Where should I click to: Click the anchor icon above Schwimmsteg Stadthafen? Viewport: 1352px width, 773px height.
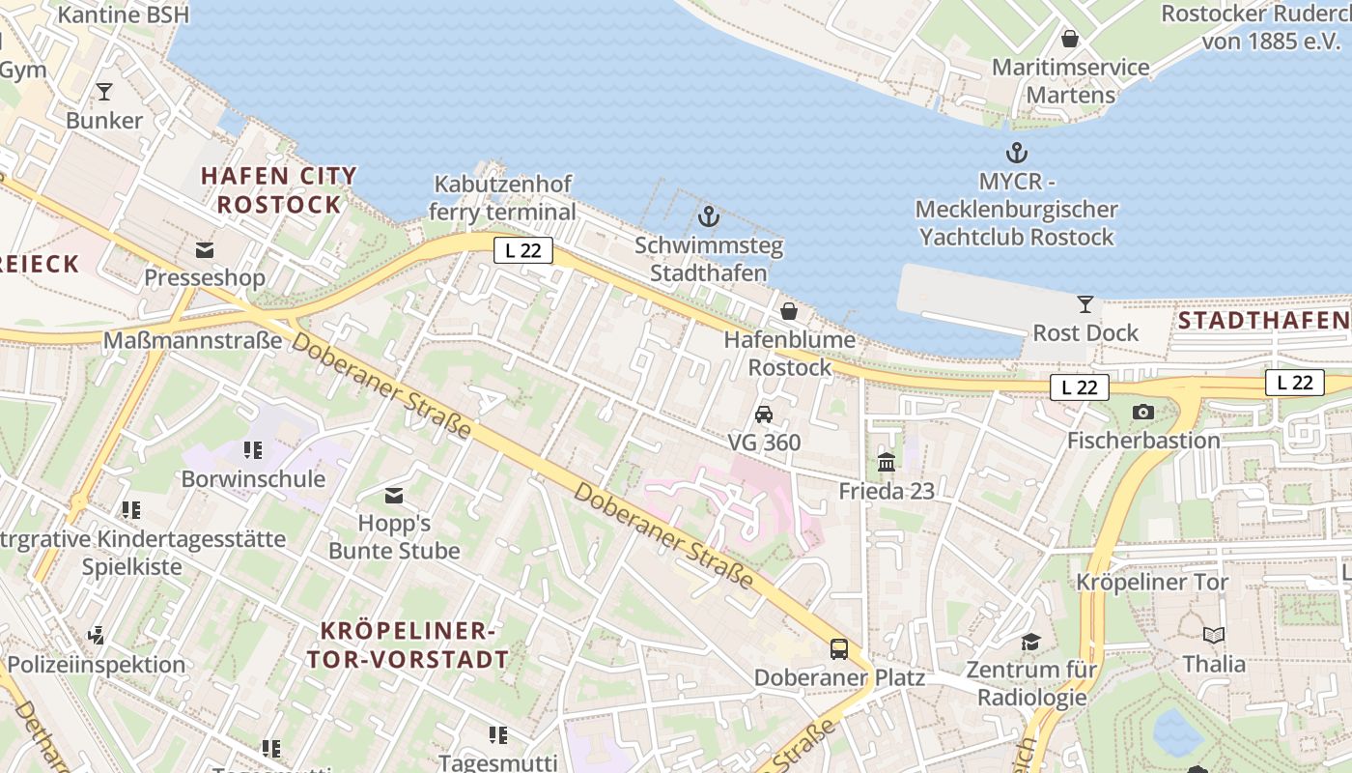709,215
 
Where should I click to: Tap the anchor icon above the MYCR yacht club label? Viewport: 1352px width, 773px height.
1016,153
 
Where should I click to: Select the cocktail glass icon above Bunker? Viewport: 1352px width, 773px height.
104,92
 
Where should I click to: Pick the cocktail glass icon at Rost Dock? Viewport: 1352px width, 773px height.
1085,304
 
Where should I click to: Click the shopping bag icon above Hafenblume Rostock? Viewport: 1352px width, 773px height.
789,311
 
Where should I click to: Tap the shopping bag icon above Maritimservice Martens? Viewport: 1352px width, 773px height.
1070,39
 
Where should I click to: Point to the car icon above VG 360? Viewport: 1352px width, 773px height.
764,415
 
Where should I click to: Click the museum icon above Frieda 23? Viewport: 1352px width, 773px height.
887,463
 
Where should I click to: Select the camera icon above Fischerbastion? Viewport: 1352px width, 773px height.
1143,413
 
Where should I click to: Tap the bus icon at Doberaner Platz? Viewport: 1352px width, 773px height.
839,649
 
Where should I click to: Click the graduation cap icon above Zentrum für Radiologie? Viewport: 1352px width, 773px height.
1031,642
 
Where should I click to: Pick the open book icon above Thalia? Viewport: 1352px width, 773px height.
1214,636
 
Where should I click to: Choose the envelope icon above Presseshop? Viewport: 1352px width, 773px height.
205,250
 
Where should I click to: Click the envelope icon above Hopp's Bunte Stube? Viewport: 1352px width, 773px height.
394,496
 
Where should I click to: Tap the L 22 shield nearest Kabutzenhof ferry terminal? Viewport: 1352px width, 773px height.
523,250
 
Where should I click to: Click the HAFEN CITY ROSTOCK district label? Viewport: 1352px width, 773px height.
279,190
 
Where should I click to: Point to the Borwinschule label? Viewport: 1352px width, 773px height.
253,479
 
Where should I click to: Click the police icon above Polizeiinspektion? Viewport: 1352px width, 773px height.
96,636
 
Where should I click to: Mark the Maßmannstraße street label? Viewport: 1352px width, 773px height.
192,340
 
